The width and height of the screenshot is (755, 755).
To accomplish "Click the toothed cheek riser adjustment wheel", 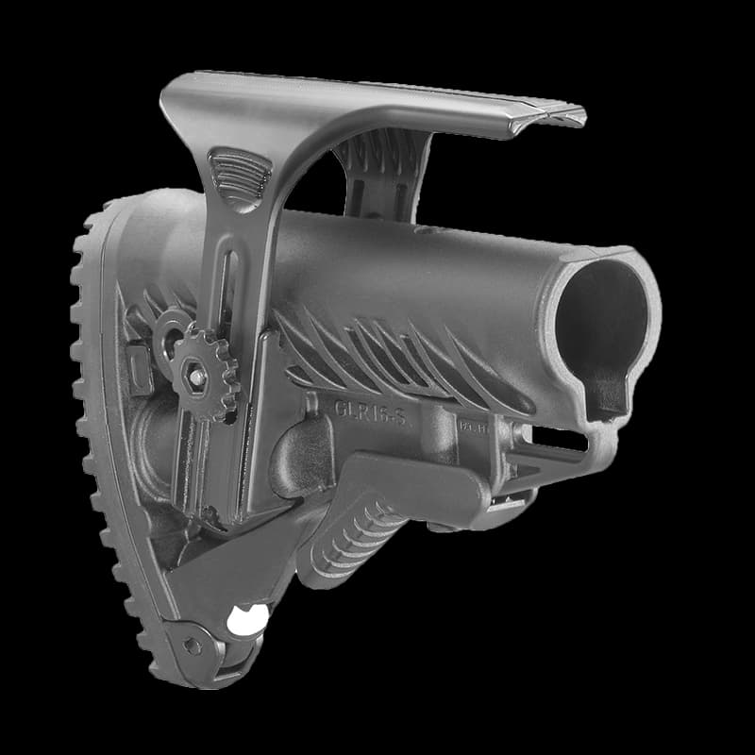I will (x=205, y=373).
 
